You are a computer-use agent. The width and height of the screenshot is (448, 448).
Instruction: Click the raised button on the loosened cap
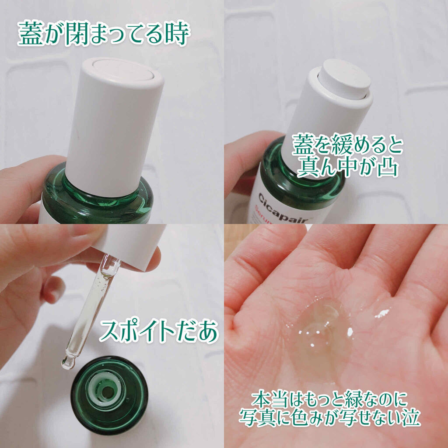pos(344,79)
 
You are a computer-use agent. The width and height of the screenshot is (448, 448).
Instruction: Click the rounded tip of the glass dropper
pos(66,363)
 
